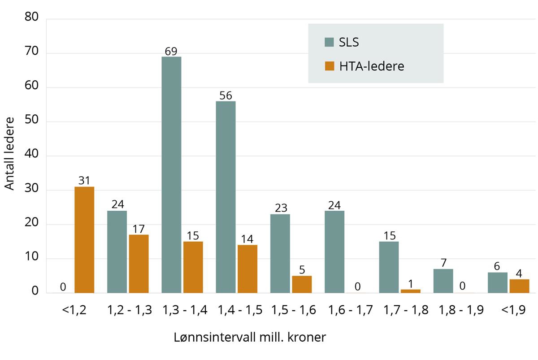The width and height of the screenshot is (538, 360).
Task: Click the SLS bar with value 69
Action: pyautogui.click(x=171, y=175)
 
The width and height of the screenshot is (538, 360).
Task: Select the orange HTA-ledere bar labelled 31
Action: pyautogui.click(x=84, y=240)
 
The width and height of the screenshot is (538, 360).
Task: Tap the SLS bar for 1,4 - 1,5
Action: pyautogui.click(x=226, y=197)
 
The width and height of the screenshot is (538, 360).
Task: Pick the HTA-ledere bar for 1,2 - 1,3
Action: pyautogui.click(x=139, y=264)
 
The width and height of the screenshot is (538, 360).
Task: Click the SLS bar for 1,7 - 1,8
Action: pyautogui.click(x=389, y=267)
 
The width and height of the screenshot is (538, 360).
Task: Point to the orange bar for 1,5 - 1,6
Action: pyautogui.click(x=302, y=284)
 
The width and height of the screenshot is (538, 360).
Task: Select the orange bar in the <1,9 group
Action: pyautogui.click(x=519, y=286)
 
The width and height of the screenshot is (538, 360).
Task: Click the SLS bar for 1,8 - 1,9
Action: pyautogui.click(x=443, y=281)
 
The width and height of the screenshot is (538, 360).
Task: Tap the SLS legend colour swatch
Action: pyautogui.click(x=330, y=43)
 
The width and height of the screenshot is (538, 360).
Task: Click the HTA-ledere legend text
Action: pyautogui.click(x=372, y=66)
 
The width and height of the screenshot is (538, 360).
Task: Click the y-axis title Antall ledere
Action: pyautogui.click(x=10, y=153)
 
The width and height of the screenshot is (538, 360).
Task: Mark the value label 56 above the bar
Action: pyautogui.click(x=226, y=95)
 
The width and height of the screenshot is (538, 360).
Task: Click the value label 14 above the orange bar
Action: pyautogui.click(x=247, y=239)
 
